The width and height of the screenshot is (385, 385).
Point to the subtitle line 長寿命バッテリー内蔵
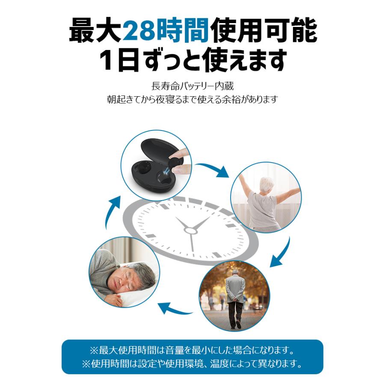point(192,86)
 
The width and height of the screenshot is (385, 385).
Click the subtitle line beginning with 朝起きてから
point(192,100)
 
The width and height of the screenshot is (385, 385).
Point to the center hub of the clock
point(190,230)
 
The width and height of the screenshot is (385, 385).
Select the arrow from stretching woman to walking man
point(280,255)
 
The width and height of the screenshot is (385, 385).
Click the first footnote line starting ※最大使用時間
point(192,351)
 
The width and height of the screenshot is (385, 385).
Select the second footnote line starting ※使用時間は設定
point(192,365)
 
